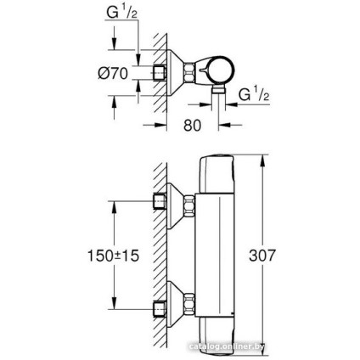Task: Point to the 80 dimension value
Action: (193, 125)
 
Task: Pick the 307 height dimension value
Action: (265, 254)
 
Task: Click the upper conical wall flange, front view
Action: (182, 203)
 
